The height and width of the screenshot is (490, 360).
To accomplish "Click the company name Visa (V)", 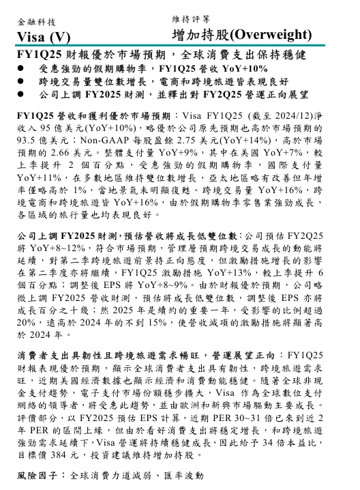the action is (x=43, y=36).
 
